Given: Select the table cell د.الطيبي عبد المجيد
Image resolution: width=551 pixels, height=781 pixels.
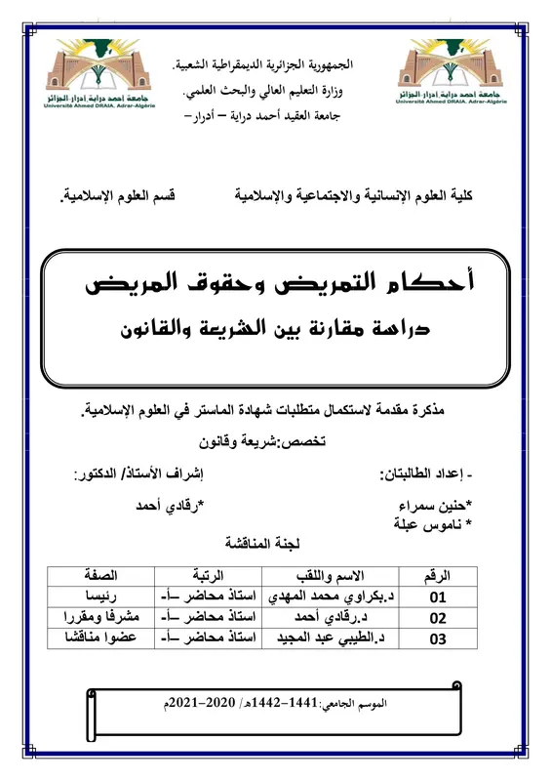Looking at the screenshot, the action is [x=333, y=639].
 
